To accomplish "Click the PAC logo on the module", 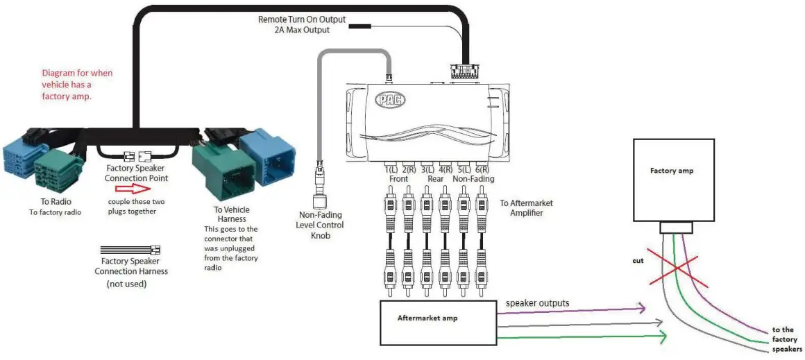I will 389,98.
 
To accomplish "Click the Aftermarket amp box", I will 437,322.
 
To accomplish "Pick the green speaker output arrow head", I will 661,338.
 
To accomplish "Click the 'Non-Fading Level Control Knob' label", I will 320,225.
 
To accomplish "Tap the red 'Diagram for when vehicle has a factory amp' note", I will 77,85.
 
